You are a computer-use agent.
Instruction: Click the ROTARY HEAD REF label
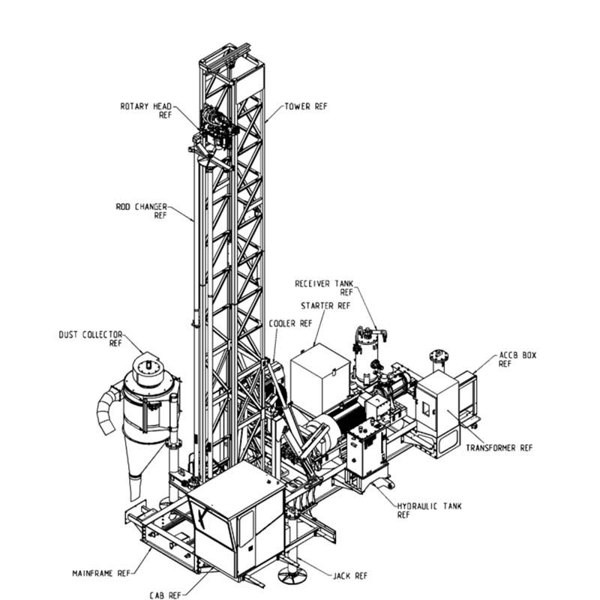click(x=145, y=110)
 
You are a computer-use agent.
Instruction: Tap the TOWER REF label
click(x=306, y=106)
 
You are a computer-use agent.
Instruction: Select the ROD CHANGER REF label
click(x=142, y=211)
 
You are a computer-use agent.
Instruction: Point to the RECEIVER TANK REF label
click(x=324, y=288)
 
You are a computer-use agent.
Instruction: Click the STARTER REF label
click(x=325, y=306)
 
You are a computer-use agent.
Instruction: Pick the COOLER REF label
click(x=291, y=323)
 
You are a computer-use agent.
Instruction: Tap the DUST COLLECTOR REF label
click(x=91, y=339)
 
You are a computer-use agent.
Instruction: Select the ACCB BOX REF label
click(x=517, y=359)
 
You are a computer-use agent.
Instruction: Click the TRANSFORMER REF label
click(x=499, y=447)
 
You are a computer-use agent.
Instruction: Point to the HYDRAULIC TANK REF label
click(x=429, y=511)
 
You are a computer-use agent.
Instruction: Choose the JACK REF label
click(x=350, y=575)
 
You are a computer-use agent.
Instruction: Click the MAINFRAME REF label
click(x=101, y=573)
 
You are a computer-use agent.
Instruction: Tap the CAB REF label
click(x=165, y=595)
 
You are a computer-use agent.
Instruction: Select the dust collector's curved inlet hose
click(x=108, y=410)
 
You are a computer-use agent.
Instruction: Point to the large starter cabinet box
click(x=320, y=375)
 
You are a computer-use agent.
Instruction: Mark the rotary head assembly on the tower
click(x=214, y=130)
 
